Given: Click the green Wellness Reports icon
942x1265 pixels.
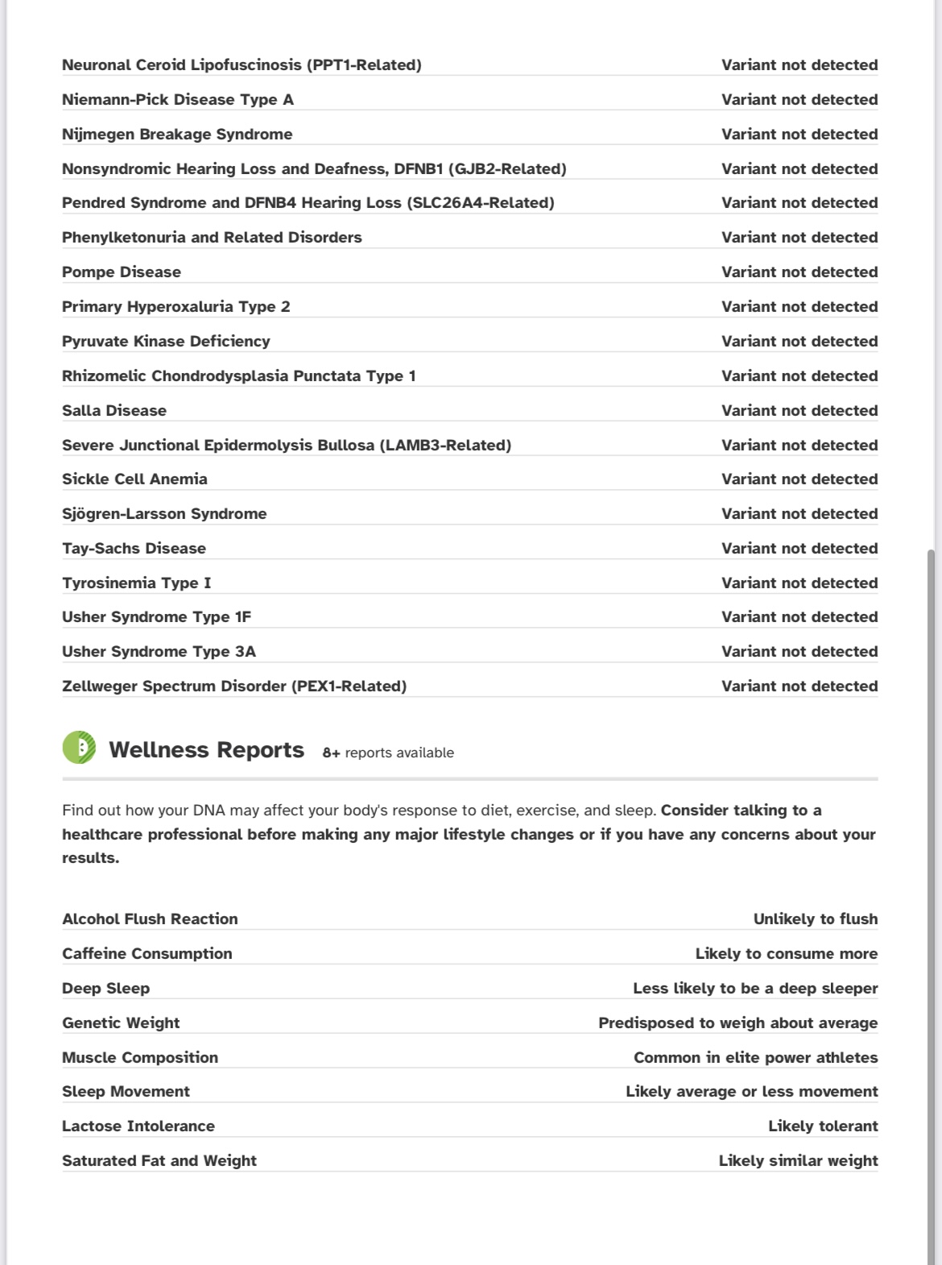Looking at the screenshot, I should (79, 748).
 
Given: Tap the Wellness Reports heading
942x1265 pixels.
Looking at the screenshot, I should (206, 750).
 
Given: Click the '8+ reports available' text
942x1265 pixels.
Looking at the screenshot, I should (388, 753).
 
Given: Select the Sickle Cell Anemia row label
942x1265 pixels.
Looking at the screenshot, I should (134, 479).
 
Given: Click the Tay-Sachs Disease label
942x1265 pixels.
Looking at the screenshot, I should (134, 549).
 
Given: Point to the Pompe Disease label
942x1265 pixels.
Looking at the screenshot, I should (122, 272).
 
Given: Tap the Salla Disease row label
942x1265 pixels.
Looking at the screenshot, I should (114, 411).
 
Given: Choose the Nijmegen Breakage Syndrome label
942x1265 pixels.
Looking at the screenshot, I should (177, 135).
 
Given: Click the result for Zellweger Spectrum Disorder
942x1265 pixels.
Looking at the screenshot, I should (799, 686).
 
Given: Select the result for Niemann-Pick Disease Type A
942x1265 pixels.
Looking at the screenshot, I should (799, 100).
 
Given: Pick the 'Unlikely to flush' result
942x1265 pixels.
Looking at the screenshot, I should (815, 919).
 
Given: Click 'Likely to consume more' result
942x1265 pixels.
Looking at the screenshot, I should (786, 954).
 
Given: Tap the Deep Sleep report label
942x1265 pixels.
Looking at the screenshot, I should (105, 989).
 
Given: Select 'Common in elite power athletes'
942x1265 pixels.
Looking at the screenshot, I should (755, 1058).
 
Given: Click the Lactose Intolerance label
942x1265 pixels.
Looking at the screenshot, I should (138, 1126).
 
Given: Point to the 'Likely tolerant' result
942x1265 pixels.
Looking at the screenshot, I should (822, 1126).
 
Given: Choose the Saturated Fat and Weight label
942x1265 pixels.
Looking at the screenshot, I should (159, 1161).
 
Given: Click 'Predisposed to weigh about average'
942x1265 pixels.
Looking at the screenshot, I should (737, 1023).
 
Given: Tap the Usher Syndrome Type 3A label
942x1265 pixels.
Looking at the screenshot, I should (159, 652).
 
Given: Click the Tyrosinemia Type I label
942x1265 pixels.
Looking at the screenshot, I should (136, 583).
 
